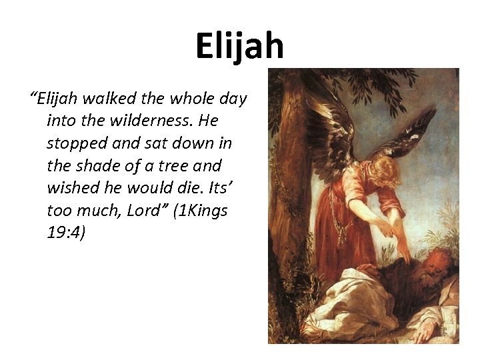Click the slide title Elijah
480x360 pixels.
[x=239, y=46]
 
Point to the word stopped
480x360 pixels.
[x=73, y=144]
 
